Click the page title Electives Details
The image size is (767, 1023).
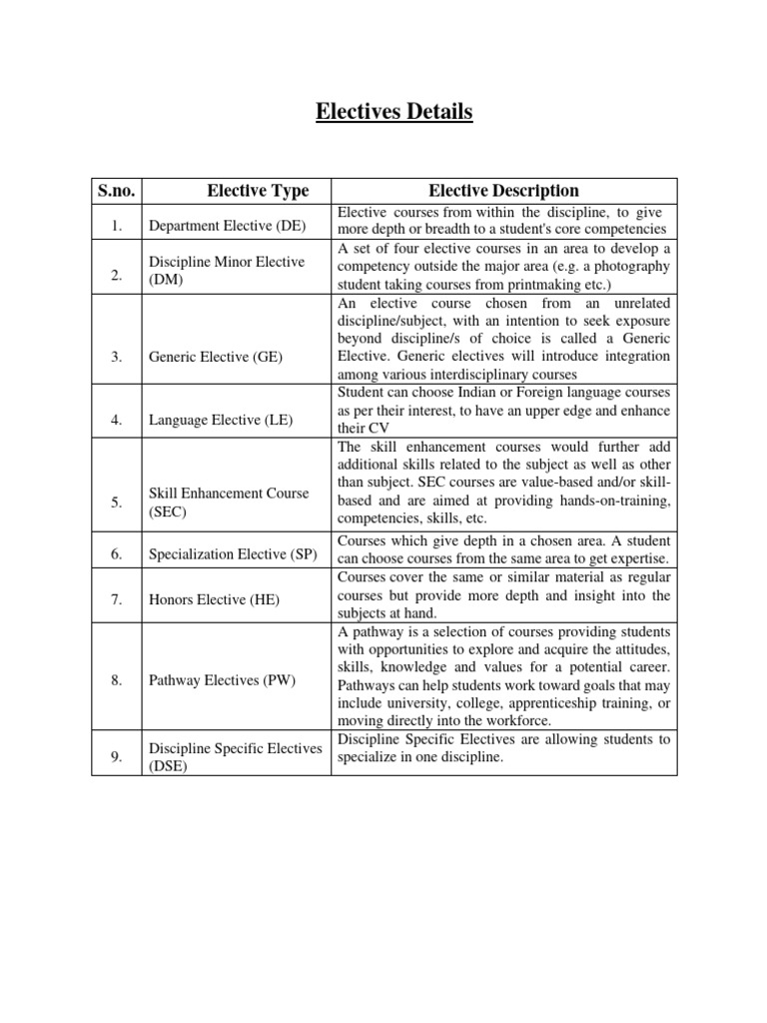pyautogui.click(x=393, y=112)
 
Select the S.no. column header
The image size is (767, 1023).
pyautogui.click(x=118, y=191)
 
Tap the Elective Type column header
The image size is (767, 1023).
pyautogui.click(x=258, y=191)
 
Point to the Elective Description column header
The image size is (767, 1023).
pyautogui.click(x=503, y=191)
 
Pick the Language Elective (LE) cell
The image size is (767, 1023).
pyautogui.click(x=221, y=421)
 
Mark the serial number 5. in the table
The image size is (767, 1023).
pyautogui.click(x=117, y=503)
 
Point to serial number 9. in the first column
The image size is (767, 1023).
pyautogui.click(x=117, y=757)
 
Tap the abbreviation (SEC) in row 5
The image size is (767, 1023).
pyautogui.click(x=167, y=511)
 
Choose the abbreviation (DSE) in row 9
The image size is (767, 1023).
pyautogui.click(x=168, y=766)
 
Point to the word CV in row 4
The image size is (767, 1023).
pyautogui.click(x=377, y=429)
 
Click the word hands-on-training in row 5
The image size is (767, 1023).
pyautogui.click(x=608, y=501)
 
